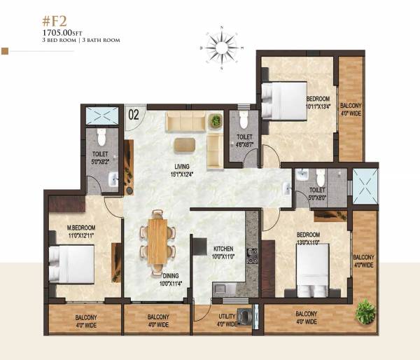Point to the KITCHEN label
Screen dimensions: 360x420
[x=224, y=249]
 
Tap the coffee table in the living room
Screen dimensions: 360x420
[x=185, y=144]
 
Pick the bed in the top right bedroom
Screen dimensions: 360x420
[x=283, y=101]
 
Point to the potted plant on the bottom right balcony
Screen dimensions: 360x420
[x=365, y=311]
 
